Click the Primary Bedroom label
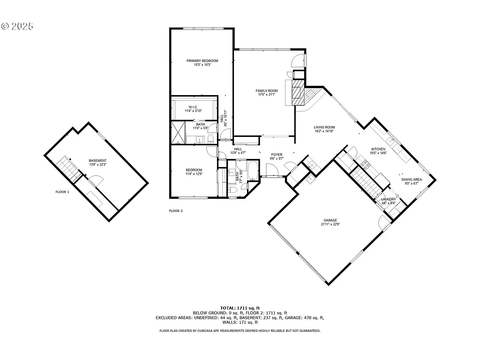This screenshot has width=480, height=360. pos(202,61)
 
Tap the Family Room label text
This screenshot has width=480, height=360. pos(266,91)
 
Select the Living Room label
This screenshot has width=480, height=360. pos(324,127)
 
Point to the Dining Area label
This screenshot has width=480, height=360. pos(411,180)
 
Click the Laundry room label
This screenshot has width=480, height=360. pos(389,199)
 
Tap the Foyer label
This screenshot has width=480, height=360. pos(277,155)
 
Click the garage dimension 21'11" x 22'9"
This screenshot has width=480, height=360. pos(330,225)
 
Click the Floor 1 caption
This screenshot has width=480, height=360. pos(62,192)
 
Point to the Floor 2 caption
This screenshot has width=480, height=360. pos(176,211)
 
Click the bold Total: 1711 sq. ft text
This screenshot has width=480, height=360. pos(240,307)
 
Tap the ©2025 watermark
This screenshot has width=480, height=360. pos(17,26)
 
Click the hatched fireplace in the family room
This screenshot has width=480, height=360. pos(298,92)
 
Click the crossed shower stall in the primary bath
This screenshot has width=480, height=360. pos(178,133)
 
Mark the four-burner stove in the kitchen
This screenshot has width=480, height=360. pos(364,164)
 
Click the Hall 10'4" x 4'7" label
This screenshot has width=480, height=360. pos(238,151)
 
